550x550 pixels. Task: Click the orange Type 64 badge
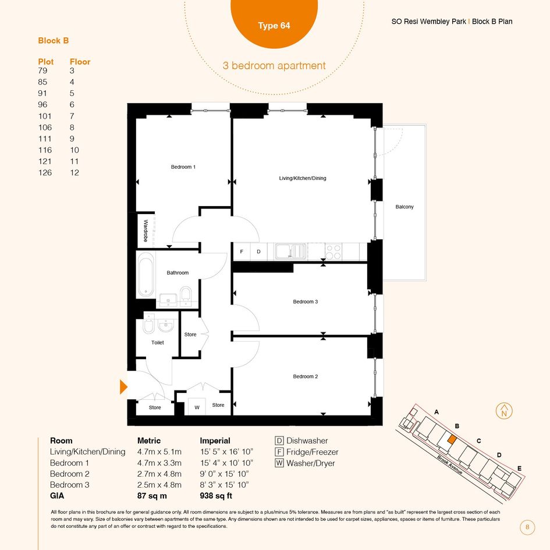click(x=274, y=21)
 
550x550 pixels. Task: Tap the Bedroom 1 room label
click(x=183, y=167)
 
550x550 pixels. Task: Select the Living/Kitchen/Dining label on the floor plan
click(x=303, y=178)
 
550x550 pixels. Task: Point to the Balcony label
click(x=404, y=207)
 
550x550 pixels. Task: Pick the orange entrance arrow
click(x=123, y=387)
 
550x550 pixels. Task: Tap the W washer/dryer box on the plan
click(x=197, y=407)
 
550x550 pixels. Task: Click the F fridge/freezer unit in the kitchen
click(x=242, y=252)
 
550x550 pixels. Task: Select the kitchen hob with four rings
click(x=333, y=252)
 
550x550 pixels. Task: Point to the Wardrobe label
click(x=146, y=230)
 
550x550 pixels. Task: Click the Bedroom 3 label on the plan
click(x=306, y=301)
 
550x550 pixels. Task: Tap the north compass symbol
click(x=504, y=411)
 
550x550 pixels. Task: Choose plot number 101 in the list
click(x=45, y=116)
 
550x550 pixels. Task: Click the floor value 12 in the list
click(x=74, y=173)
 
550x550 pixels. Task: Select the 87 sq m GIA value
click(x=152, y=496)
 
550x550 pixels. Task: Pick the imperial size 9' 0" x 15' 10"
click(x=224, y=474)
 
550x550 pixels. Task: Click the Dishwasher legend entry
click(x=301, y=441)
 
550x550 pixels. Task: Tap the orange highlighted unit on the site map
click(x=452, y=439)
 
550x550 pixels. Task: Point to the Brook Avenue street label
click(x=450, y=465)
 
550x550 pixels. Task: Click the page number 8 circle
click(x=527, y=527)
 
